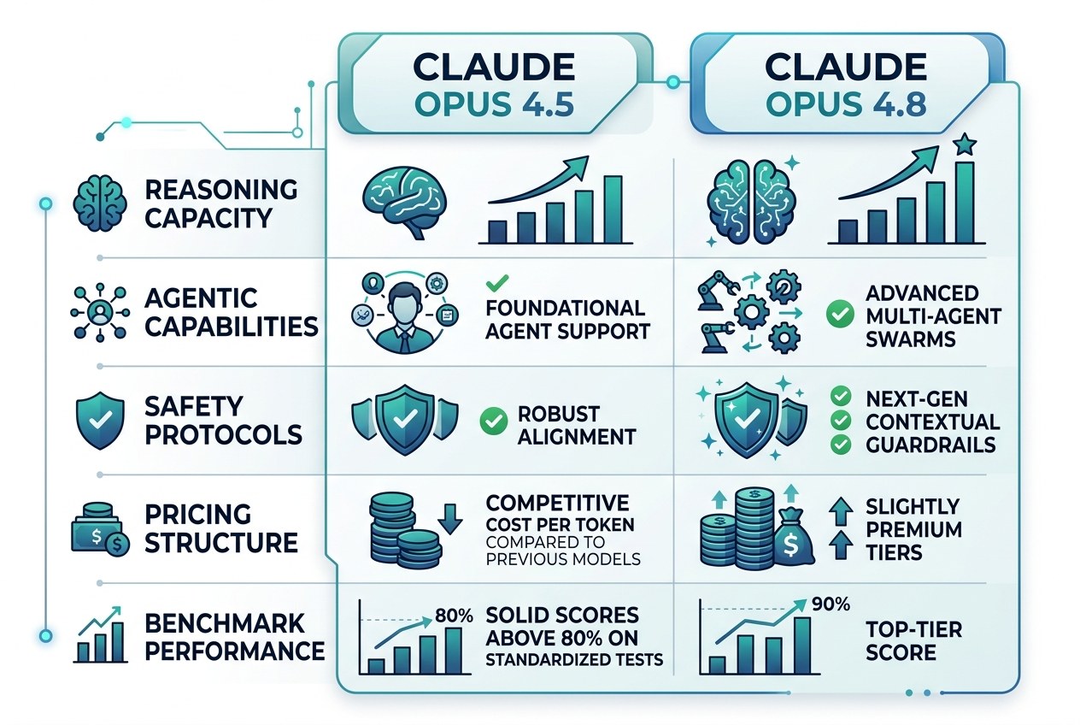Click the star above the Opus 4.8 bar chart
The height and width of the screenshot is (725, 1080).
(x=965, y=144)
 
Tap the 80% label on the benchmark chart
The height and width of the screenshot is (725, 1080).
(x=454, y=616)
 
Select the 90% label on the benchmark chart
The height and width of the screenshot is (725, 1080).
(x=831, y=604)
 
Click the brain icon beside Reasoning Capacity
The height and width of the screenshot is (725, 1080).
(x=100, y=203)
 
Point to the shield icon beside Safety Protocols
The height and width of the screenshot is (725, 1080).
(x=100, y=420)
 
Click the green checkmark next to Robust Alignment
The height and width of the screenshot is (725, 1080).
(x=493, y=421)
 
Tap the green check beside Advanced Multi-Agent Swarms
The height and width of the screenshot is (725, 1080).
(x=840, y=314)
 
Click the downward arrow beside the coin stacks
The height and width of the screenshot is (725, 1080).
(x=449, y=519)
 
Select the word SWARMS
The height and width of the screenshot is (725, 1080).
(x=910, y=339)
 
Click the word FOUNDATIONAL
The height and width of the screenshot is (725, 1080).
(x=565, y=308)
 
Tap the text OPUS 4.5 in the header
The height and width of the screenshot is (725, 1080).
(x=494, y=103)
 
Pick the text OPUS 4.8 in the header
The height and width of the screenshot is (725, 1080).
(x=846, y=103)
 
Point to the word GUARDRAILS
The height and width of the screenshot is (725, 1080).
(x=930, y=445)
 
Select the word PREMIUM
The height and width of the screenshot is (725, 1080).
(x=913, y=529)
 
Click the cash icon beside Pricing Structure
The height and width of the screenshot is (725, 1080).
(x=100, y=529)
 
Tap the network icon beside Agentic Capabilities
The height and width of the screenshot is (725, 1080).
(x=100, y=312)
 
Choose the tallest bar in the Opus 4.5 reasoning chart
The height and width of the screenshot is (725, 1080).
(x=613, y=209)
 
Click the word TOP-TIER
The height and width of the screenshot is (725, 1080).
(x=913, y=629)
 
